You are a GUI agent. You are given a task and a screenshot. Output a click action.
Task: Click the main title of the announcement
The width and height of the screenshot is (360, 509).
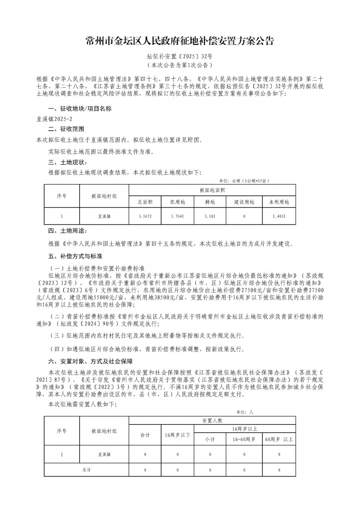tap(180, 42)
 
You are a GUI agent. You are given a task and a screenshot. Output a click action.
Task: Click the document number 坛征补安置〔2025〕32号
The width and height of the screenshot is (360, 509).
tap(180, 58)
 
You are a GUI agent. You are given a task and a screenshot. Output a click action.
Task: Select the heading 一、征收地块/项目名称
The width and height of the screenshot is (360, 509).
tap(76, 109)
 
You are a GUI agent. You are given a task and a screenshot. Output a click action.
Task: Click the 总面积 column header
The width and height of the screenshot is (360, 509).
tap(145, 202)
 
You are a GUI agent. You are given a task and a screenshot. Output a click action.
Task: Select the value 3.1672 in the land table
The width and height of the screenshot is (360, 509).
tap(145, 216)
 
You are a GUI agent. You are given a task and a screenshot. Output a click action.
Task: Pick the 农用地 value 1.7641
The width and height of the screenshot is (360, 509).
tap(178, 216)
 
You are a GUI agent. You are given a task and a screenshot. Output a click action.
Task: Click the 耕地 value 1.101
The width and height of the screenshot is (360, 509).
tap(210, 216)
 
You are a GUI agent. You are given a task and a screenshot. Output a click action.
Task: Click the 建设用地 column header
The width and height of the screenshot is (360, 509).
tap(244, 202)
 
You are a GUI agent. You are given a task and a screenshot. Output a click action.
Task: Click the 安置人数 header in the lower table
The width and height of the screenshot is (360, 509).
tap(212, 420)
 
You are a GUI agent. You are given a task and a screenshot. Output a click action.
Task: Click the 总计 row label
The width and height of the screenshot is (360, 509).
tap(86, 469)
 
